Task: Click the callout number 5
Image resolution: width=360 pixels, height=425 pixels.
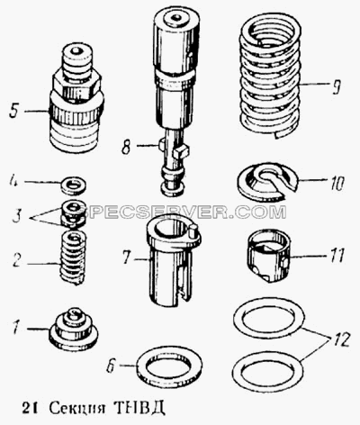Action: click(x=15, y=111)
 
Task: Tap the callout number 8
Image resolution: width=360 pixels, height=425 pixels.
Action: click(x=126, y=146)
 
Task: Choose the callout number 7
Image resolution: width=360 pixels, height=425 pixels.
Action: click(x=127, y=257)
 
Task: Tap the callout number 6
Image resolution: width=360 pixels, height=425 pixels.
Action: click(x=112, y=366)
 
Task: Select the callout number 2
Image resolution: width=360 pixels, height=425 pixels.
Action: click(x=17, y=260)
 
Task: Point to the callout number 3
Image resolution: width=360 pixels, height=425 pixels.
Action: click(x=17, y=216)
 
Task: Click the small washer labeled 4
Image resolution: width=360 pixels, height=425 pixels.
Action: click(x=73, y=186)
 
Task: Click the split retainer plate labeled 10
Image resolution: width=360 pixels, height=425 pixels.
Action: click(x=267, y=183)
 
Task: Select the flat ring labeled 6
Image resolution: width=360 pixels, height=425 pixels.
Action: click(x=169, y=366)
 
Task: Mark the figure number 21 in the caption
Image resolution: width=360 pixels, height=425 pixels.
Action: click(x=30, y=407)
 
